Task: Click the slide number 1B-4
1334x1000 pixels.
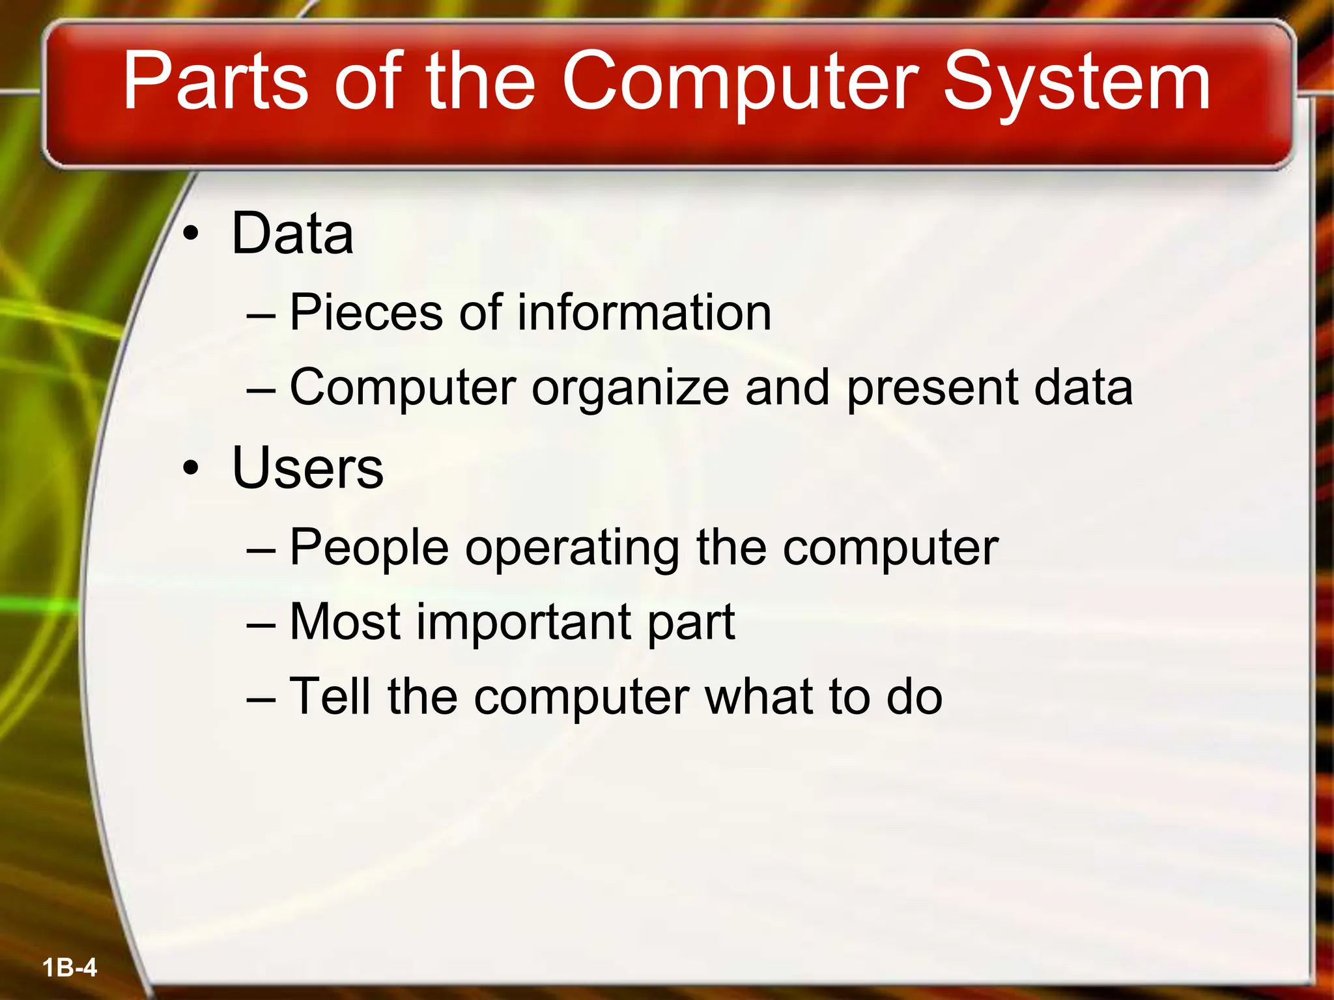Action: (x=70, y=967)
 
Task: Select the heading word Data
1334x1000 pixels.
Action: (x=292, y=234)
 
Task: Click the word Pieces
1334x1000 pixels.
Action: (x=365, y=312)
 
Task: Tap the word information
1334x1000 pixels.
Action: (x=644, y=312)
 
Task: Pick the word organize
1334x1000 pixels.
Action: (x=630, y=388)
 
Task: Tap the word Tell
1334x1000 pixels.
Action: (x=330, y=696)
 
